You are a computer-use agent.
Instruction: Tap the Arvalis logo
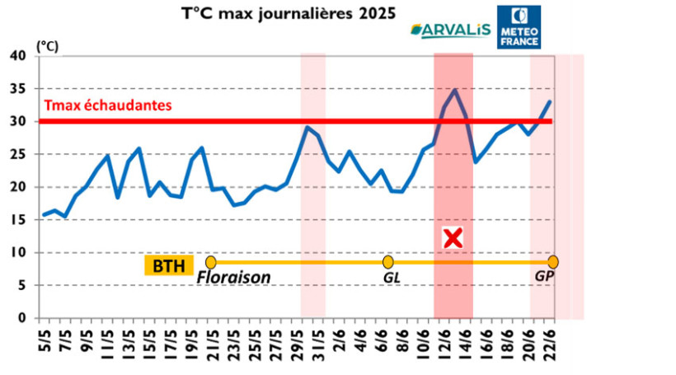[450, 30]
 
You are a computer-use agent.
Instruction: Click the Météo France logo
[519, 26]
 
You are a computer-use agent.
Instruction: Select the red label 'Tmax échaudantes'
[107, 105]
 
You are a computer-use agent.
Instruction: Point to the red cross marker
[453, 238]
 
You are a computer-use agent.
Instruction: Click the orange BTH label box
[168, 265]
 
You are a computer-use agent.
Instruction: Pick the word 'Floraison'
[234, 279]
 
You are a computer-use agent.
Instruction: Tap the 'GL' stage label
[392, 279]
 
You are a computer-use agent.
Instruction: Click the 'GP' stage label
[544, 279]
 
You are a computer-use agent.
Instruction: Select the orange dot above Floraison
[211, 262]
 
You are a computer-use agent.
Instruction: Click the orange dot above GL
[387, 262]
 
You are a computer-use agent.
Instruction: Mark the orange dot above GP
[552, 262]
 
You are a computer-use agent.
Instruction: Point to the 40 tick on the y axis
[19, 56]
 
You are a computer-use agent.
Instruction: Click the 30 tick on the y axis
[19, 121]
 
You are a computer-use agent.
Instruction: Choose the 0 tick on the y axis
[23, 318]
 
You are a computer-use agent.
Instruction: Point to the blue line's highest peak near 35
[454, 89]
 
